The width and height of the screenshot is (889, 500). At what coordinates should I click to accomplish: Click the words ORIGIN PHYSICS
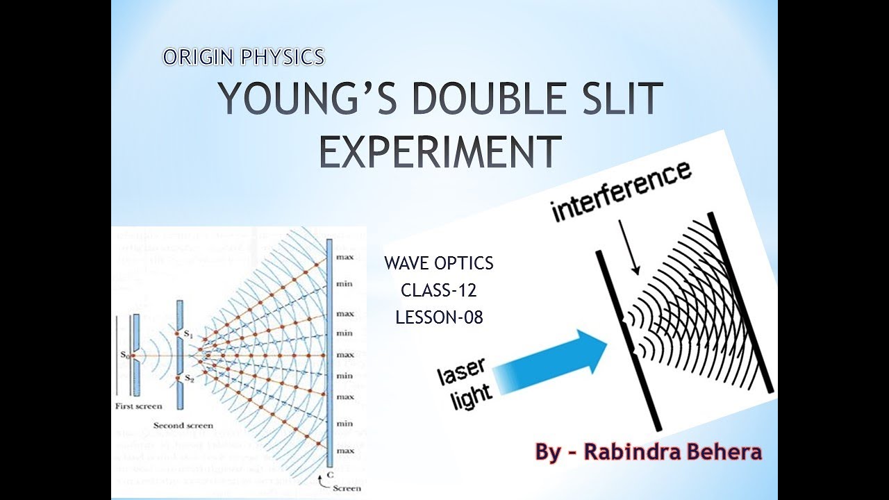click(244, 57)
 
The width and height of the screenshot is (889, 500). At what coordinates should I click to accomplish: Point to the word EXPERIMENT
click(440, 151)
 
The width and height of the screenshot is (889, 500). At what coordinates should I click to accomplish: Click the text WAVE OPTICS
click(439, 264)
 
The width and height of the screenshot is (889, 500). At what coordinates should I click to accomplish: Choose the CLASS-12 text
click(439, 290)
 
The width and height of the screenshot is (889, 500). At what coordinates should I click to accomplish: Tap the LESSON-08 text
click(439, 317)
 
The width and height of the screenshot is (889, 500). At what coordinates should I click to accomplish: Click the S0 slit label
click(123, 356)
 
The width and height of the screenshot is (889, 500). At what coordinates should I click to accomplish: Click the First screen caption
click(138, 406)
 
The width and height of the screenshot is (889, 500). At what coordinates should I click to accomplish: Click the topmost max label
click(344, 257)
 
